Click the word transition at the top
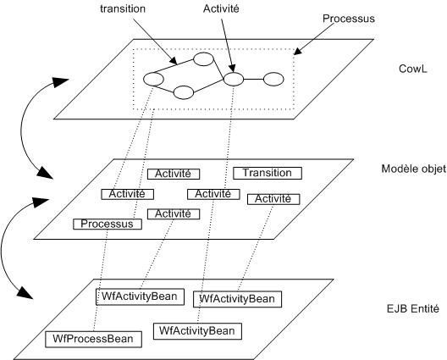pyautogui.click(x=123, y=8)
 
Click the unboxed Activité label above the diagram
pyautogui.click(x=221, y=8)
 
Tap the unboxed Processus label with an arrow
pyautogui.click(x=348, y=19)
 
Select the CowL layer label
pyautogui.click(x=413, y=69)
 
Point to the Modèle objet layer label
pyautogui.click(x=414, y=169)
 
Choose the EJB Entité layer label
pyautogui.click(x=413, y=308)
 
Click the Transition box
pyautogui.click(x=268, y=173)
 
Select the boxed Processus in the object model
pyautogui.click(x=108, y=224)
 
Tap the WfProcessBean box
pyautogui.click(x=93, y=339)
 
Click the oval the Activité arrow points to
pyautogui.click(x=234, y=79)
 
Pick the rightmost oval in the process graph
pyautogui.click(x=273, y=80)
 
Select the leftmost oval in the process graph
pyautogui.click(x=153, y=79)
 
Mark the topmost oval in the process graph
pyautogui.click(x=203, y=59)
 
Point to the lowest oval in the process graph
pyautogui.click(x=184, y=92)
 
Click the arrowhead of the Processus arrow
pyautogui.click(x=297, y=52)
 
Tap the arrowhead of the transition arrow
pyautogui.click(x=174, y=61)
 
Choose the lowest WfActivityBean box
pyautogui.click(x=197, y=331)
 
